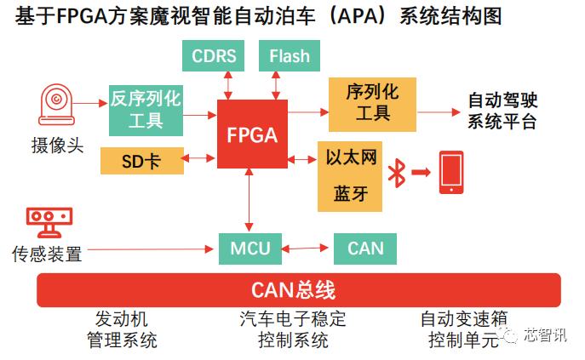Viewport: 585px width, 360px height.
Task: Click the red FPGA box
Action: (x=252, y=134)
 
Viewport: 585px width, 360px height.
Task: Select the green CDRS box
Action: (x=215, y=57)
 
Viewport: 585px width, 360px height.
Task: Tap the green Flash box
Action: (x=289, y=57)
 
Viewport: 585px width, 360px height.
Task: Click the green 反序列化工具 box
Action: (x=146, y=109)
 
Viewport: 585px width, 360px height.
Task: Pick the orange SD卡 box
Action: (x=141, y=160)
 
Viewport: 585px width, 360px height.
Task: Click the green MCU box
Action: (x=249, y=249)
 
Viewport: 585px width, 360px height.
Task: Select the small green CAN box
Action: (x=365, y=249)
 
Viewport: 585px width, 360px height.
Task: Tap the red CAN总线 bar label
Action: (x=293, y=291)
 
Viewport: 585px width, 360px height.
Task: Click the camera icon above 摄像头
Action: (x=57, y=106)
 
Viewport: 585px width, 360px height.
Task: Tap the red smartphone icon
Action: (x=451, y=173)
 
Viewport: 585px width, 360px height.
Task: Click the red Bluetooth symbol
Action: (x=395, y=174)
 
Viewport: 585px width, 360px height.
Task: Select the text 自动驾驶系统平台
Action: (x=502, y=111)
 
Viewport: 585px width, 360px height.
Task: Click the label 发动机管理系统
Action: (x=122, y=330)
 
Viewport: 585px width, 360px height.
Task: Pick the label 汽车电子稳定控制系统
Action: (x=293, y=330)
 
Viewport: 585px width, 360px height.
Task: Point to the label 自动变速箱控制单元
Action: (x=464, y=330)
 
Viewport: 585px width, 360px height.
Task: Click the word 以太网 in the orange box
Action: (x=350, y=159)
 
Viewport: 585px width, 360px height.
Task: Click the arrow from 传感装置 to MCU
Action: (x=149, y=249)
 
